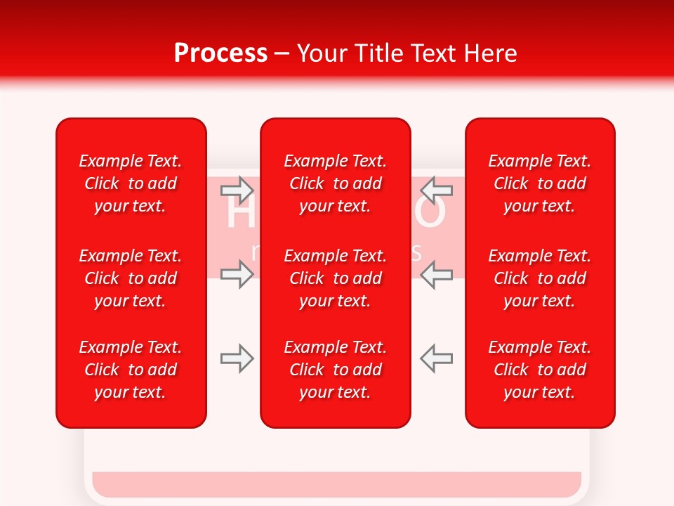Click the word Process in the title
(x=220, y=53)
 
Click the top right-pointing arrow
(x=237, y=189)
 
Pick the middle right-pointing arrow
(x=237, y=274)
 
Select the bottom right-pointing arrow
(x=237, y=358)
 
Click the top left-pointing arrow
(x=437, y=189)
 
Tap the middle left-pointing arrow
(x=437, y=274)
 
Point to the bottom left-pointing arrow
(x=437, y=358)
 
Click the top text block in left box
(x=131, y=183)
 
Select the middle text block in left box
(x=131, y=278)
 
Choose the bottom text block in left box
(x=131, y=370)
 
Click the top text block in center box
(x=336, y=183)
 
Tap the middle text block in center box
(x=336, y=278)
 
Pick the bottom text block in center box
(x=336, y=370)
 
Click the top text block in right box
(x=540, y=183)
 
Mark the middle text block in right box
(x=540, y=278)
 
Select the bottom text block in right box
(x=540, y=370)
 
